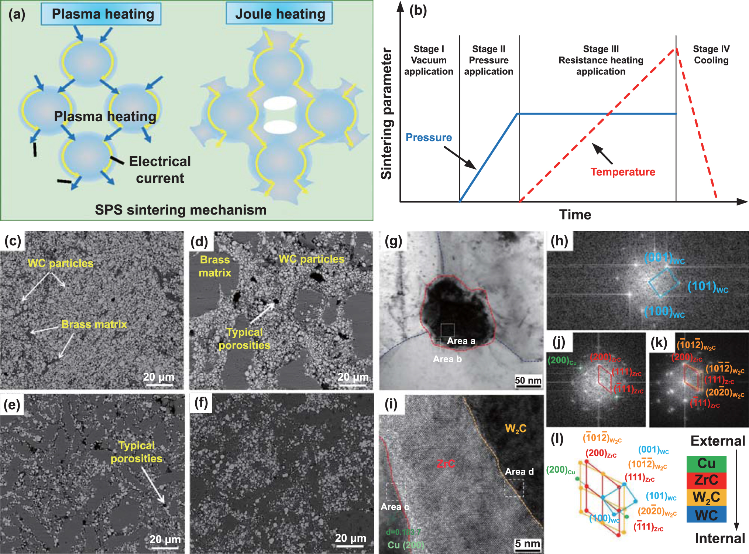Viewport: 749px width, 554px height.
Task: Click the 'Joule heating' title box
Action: point(279,14)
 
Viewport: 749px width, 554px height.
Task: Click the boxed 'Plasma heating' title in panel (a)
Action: point(102,14)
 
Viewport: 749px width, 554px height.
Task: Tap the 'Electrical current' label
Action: point(160,170)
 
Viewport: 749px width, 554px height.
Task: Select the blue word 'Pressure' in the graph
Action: point(429,137)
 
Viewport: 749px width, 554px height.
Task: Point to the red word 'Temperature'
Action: point(623,172)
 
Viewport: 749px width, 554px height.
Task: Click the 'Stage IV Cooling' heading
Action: point(711,55)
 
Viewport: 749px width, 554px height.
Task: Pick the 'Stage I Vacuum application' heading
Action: point(429,60)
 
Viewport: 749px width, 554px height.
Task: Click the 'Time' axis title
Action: point(575,215)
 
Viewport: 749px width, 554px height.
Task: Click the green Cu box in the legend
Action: point(706,464)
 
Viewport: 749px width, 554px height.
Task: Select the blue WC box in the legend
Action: point(706,514)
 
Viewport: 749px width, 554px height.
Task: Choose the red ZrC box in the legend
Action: point(706,480)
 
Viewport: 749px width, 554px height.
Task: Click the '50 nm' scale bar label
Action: point(528,380)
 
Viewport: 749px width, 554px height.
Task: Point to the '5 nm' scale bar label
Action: point(528,544)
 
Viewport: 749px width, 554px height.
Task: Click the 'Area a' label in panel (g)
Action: point(461,341)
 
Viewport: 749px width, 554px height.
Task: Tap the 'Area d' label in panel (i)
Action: point(519,472)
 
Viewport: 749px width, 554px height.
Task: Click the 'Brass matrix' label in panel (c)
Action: point(94,324)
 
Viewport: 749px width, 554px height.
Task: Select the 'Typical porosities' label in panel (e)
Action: point(137,452)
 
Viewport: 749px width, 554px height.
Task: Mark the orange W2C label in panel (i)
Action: point(515,429)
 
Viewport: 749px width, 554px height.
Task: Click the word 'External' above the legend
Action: point(718,441)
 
